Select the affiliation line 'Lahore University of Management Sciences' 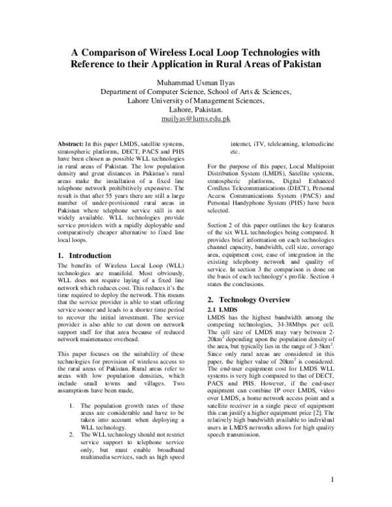click(195, 101)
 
